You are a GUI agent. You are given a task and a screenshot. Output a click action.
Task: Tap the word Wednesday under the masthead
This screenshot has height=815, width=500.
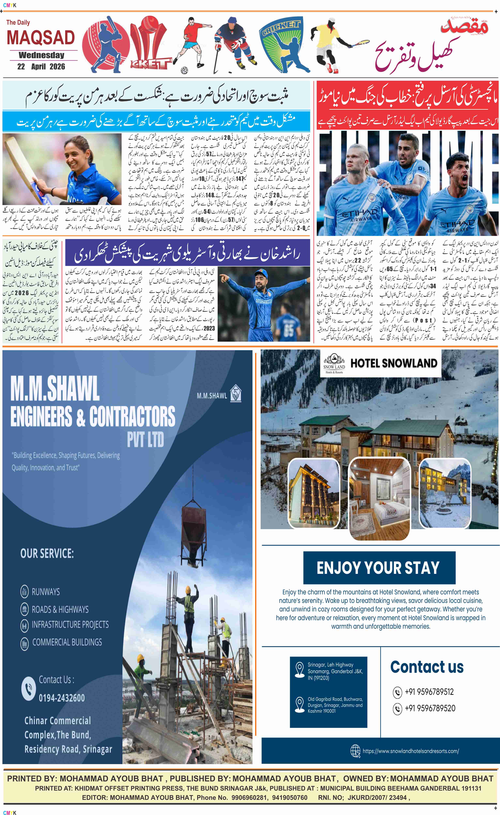41,55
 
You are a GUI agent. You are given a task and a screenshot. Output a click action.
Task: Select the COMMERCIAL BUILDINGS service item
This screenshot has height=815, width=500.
67,642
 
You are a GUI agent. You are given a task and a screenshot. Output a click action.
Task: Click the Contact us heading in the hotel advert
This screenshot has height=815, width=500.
427,667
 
